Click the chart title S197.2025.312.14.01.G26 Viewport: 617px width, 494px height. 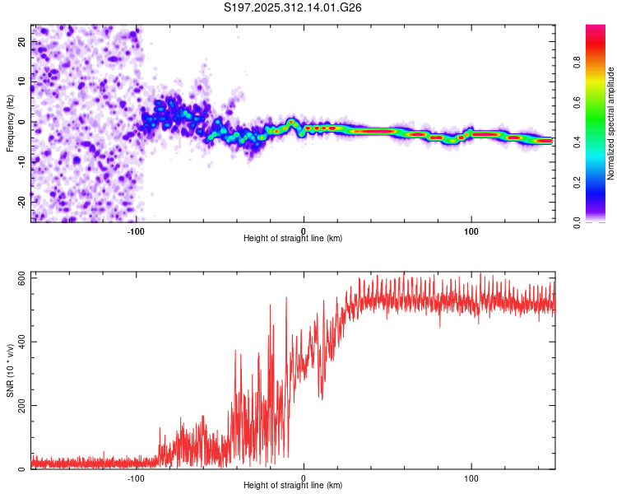294,8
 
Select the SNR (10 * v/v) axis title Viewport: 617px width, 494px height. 11,370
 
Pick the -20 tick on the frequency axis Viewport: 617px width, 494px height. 23,201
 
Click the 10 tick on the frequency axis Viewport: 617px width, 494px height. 23,82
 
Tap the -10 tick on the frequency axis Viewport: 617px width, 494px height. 23,161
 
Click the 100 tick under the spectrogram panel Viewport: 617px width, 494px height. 471,231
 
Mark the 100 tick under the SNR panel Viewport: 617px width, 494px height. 471,478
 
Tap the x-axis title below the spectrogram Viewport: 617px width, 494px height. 293,239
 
